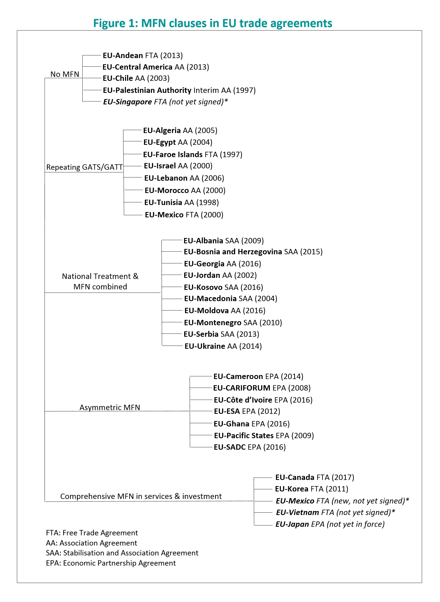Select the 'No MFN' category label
pos(65,74)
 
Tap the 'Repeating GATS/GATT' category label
pos(84,167)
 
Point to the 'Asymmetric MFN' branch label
pos(110,407)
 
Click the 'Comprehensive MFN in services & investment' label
pos(141,496)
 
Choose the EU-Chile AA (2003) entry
pos(136,78)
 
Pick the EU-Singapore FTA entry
pos(165,102)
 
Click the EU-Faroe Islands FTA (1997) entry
pos(193,154)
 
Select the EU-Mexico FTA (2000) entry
pos(184,215)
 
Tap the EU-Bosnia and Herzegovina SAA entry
pos(253,252)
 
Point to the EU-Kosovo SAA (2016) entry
pos(223,287)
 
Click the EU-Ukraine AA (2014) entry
pos(223,346)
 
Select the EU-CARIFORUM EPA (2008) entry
pos(262,388)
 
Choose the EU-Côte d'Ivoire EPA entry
pos(263,400)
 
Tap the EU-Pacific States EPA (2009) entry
pos(264,436)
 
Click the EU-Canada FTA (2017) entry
pos(315,477)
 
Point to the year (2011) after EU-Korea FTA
pos(337,489)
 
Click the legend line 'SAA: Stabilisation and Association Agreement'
pos(122,553)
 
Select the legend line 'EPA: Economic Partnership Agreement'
pos(111,563)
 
